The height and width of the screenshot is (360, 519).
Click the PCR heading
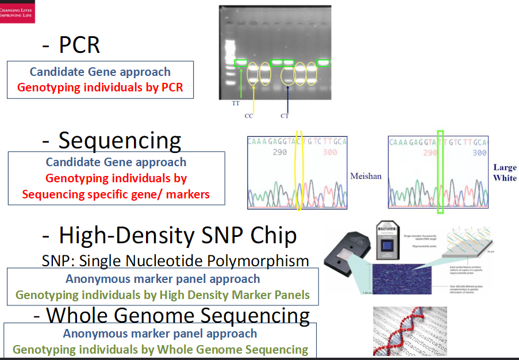[72, 44]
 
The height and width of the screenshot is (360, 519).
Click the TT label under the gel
[236, 104]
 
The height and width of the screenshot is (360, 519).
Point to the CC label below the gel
[248, 116]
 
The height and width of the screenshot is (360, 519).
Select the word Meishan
[366, 176]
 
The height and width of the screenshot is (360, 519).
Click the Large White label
[505, 173]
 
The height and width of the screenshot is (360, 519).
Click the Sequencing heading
[113, 140]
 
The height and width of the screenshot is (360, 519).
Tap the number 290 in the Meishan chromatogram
[280, 153]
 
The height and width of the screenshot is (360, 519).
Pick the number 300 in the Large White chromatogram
[479, 153]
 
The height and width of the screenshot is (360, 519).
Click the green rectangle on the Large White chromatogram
[440, 173]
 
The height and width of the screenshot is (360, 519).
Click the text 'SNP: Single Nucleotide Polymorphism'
[175, 261]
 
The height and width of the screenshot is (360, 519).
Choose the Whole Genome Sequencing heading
[172, 315]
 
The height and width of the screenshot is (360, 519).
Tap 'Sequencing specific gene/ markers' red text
[116, 194]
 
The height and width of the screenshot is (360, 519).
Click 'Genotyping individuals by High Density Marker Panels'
[163, 295]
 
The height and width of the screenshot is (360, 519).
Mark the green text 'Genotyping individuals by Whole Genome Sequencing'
[160, 350]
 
